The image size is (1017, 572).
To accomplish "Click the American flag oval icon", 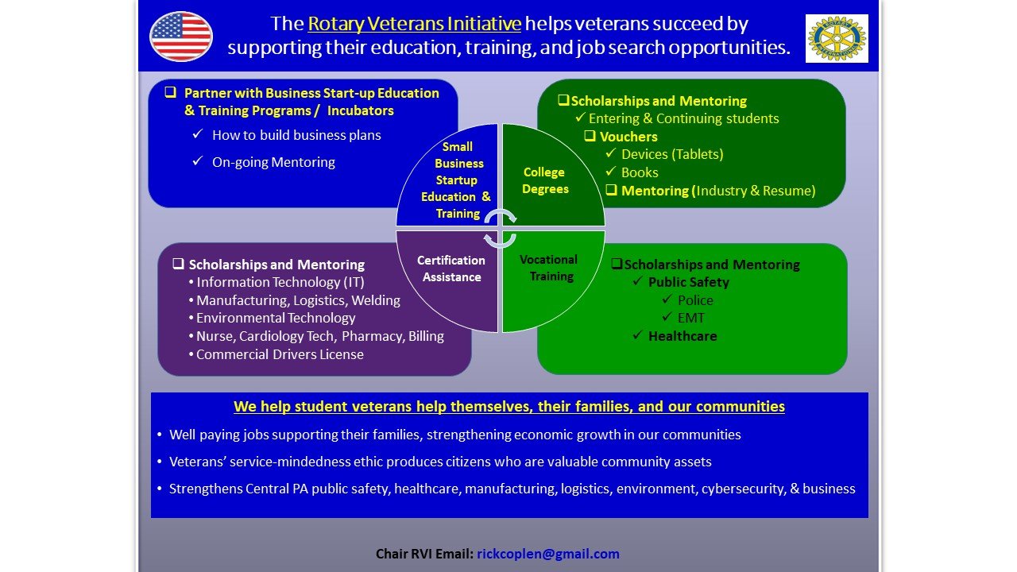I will (181, 37).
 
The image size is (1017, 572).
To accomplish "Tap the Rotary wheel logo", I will (837, 38).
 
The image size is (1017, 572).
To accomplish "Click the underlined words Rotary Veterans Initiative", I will (414, 25).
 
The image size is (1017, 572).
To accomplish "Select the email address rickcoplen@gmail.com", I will (548, 554).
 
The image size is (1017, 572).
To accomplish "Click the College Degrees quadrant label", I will (545, 180).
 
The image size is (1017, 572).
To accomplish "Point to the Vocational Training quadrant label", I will (549, 268).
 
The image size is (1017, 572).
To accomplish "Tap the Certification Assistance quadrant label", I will (451, 269).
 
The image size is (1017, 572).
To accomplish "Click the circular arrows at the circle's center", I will (500, 228).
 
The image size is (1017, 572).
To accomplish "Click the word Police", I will (695, 300).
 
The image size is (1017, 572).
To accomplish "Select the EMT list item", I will (690, 318).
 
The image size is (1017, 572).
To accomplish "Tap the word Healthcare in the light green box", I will (683, 336).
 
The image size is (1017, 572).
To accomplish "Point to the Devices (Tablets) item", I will (672, 154).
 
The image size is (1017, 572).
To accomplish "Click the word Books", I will (640, 172).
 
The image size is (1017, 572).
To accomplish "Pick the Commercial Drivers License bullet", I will (280, 354).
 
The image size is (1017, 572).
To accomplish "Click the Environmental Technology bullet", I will (276, 318).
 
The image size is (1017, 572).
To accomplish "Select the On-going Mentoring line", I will (273, 162).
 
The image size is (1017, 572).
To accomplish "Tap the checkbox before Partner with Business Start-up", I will (170, 92).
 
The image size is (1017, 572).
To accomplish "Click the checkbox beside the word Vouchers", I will (590, 136).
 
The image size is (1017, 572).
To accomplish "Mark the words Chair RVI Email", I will (424, 554).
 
